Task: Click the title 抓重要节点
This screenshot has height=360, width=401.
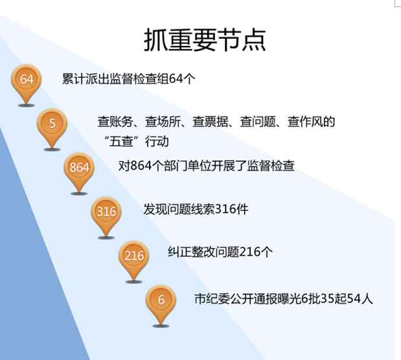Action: (x=205, y=40)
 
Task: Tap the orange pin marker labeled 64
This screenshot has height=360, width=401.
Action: (x=27, y=80)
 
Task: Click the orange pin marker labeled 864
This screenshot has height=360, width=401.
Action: (x=79, y=168)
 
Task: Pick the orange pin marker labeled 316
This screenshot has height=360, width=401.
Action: (x=106, y=212)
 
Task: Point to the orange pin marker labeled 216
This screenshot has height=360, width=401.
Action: (x=134, y=256)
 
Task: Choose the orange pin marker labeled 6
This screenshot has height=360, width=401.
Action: (x=161, y=300)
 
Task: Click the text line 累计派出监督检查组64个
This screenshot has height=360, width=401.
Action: (x=128, y=79)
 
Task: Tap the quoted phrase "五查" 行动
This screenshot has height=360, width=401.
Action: (x=135, y=140)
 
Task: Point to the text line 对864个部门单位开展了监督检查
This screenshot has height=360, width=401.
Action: (x=206, y=166)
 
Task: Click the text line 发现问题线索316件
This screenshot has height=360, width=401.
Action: (x=196, y=209)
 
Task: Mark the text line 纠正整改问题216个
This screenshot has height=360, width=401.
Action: (x=220, y=253)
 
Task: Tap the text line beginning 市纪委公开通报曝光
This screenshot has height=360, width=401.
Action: (x=283, y=298)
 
